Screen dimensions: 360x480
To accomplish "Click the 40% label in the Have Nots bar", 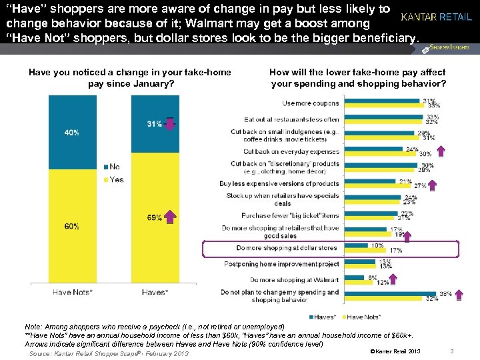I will [x=71, y=133].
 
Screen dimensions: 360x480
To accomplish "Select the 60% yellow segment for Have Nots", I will [x=71, y=227].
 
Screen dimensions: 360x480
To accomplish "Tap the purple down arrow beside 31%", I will [x=170, y=124].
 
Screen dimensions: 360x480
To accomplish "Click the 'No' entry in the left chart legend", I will [x=112, y=166].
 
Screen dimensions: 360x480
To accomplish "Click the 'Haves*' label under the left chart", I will [x=155, y=291].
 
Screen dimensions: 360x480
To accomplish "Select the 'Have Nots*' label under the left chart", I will [x=73, y=291].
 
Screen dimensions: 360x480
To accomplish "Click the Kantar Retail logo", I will [x=437, y=17].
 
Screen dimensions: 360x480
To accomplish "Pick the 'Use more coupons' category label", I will [x=311, y=103].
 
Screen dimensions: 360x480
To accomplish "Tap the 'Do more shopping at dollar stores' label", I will [x=287, y=248].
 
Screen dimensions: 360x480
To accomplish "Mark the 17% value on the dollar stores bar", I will [x=396, y=251].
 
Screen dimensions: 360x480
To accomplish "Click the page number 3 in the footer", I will [x=451, y=351].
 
